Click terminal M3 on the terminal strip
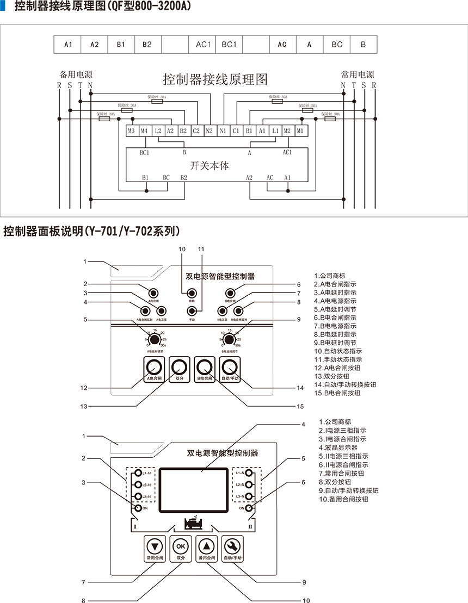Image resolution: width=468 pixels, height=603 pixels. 131,131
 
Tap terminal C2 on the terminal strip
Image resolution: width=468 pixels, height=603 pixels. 196,131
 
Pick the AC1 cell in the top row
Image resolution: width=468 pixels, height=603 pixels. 202,45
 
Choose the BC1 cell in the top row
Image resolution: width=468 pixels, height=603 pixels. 229,45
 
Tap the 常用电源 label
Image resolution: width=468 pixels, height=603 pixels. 358,74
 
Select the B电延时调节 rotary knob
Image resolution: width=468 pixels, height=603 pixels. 229,340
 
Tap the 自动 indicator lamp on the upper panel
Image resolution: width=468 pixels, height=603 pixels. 192,293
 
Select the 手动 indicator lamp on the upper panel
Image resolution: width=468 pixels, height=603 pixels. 192,311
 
